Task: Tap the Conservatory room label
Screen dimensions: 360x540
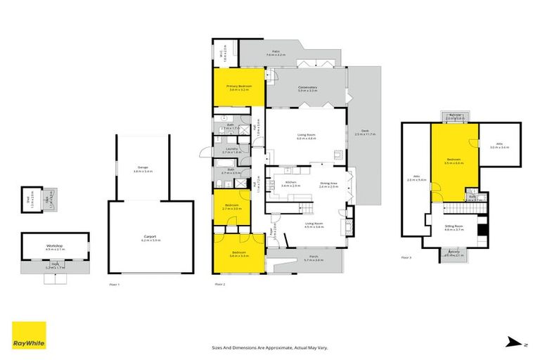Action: pos(308,89)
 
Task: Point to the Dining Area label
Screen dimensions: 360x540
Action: pos(328,184)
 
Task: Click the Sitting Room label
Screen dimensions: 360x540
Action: pos(455,228)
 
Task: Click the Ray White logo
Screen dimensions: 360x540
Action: pos(29,335)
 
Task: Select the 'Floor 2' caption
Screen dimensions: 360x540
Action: pos(219,284)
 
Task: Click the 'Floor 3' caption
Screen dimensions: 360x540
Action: pos(406,257)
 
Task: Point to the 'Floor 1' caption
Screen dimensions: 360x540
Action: pos(115,284)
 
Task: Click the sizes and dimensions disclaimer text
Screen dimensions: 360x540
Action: pos(270,347)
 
